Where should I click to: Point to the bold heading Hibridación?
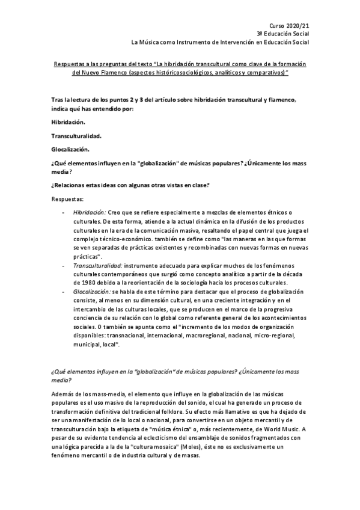tap(69, 121)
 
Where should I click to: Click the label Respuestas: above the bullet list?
tap(68, 197)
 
